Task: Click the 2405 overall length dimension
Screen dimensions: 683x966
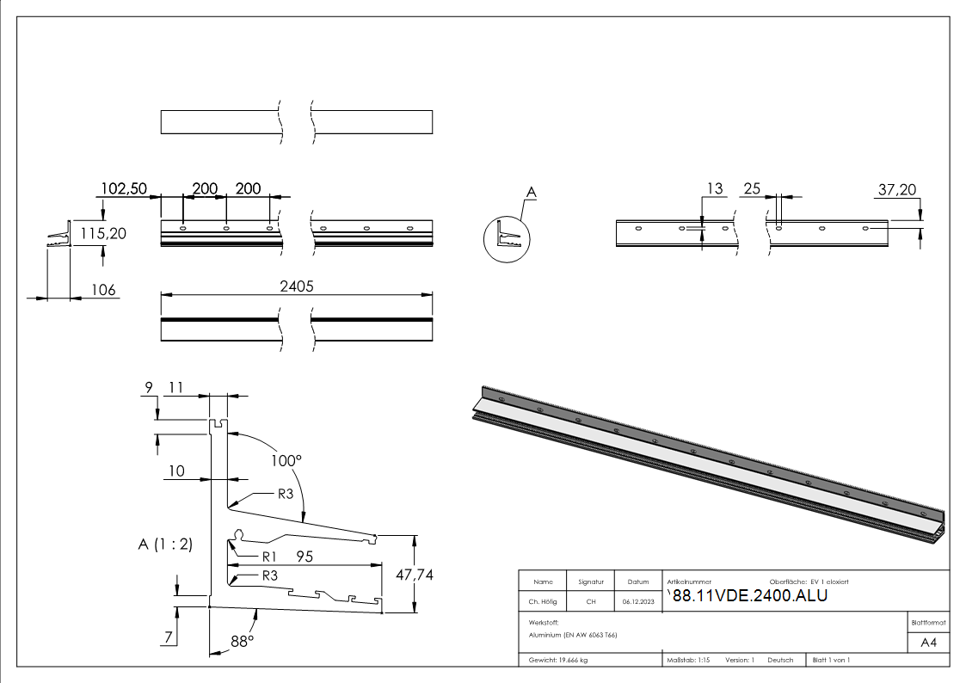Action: (297, 287)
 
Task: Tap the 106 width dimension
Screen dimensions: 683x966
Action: (103, 291)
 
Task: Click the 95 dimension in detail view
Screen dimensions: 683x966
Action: (304, 557)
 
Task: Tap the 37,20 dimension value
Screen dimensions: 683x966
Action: (897, 188)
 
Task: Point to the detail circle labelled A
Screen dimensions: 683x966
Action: (508, 238)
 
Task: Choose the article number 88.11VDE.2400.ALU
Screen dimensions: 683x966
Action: (749, 596)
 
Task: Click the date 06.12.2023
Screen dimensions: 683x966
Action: (637, 602)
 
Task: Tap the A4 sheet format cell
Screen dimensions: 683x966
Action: (929, 643)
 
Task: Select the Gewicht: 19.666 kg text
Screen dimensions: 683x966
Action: (558, 660)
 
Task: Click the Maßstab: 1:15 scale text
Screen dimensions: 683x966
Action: (688, 660)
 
